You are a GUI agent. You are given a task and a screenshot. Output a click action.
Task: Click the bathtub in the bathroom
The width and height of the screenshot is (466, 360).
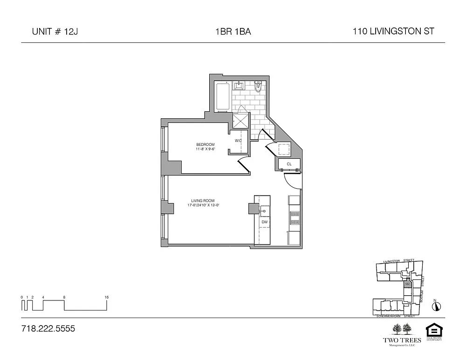pyautogui.click(x=222, y=96)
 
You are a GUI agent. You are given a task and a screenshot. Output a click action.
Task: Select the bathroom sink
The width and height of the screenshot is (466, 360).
pyautogui.click(x=240, y=86)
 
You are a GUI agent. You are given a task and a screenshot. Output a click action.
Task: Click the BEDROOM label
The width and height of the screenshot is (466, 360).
pyautogui.click(x=205, y=144)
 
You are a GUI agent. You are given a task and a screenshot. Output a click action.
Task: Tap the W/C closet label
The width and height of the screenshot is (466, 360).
pyautogui.click(x=238, y=141)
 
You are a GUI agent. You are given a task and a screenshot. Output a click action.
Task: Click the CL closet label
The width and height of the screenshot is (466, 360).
pyautogui.click(x=289, y=164)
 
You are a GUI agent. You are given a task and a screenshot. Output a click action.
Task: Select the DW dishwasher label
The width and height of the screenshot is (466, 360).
pyautogui.click(x=264, y=222)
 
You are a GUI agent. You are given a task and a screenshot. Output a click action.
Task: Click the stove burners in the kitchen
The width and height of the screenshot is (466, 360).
pyautogui.click(x=295, y=218)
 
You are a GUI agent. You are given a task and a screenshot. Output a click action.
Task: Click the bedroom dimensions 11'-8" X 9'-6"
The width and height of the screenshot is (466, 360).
pyautogui.click(x=205, y=149)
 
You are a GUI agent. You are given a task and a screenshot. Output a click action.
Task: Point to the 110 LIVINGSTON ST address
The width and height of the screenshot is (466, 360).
pyautogui.click(x=394, y=32)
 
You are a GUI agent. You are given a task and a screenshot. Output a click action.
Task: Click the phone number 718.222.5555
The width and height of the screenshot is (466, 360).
pyautogui.click(x=48, y=329)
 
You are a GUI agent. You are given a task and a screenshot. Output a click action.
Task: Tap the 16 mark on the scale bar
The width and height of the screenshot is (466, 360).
pyautogui.click(x=107, y=297)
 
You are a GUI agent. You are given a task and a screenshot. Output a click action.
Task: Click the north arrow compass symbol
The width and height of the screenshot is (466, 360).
pyautogui.click(x=436, y=306)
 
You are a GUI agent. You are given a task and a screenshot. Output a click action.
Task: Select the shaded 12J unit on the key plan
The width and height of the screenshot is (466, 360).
pyautogui.click(x=407, y=284)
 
